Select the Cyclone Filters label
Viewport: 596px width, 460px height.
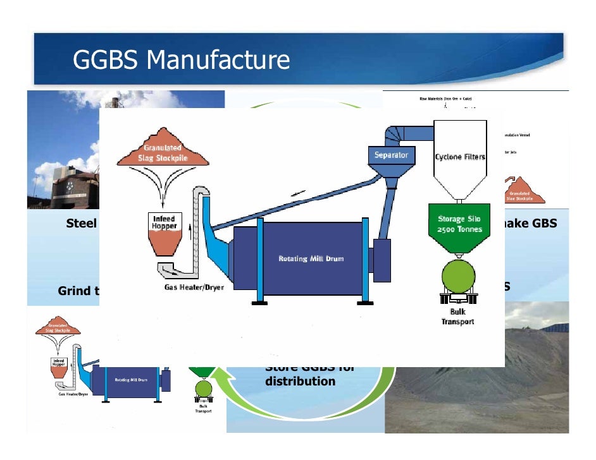tap(460, 157)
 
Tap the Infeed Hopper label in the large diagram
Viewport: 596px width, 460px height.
tap(164, 222)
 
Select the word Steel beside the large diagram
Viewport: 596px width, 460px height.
tap(82, 224)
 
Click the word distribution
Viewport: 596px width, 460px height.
tap(300, 382)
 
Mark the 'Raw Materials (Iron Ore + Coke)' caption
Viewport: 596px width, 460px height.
tap(445, 99)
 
